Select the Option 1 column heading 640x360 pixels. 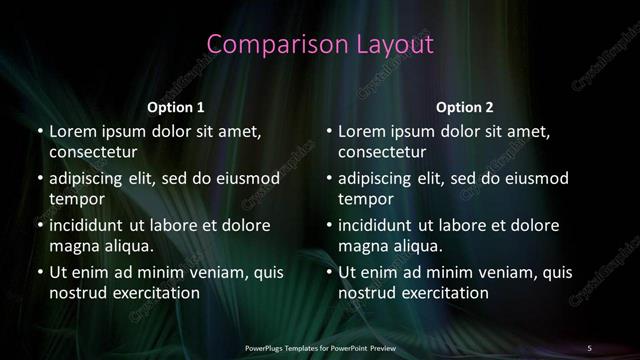coord(176,107)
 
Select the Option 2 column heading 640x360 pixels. coord(465,107)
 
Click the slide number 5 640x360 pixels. coord(589,347)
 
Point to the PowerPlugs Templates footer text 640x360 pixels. coord(320,347)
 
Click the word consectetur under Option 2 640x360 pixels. coord(382,152)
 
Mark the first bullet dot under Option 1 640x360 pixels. coord(39,131)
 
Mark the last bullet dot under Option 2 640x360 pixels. coord(329,272)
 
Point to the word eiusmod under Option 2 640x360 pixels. coord(536,178)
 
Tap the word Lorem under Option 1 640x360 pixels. coord(72,131)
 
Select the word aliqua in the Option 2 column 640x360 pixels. coord(415,246)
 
